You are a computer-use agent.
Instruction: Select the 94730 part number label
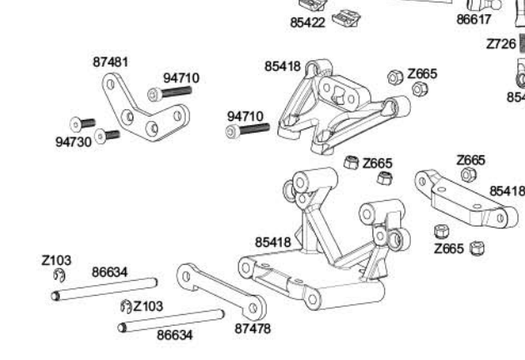(x=72, y=142)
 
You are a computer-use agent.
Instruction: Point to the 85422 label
(x=307, y=22)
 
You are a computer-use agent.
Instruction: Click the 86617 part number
(x=474, y=19)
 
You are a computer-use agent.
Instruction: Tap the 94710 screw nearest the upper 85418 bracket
(x=248, y=130)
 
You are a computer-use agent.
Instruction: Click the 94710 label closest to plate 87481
(x=181, y=77)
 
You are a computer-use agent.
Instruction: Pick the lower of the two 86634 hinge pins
(x=172, y=320)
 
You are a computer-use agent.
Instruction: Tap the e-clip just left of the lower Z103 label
(x=126, y=306)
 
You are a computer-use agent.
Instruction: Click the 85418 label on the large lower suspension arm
(x=272, y=242)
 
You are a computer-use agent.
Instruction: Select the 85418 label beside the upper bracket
(x=282, y=66)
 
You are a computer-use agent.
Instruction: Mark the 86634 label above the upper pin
(x=110, y=272)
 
